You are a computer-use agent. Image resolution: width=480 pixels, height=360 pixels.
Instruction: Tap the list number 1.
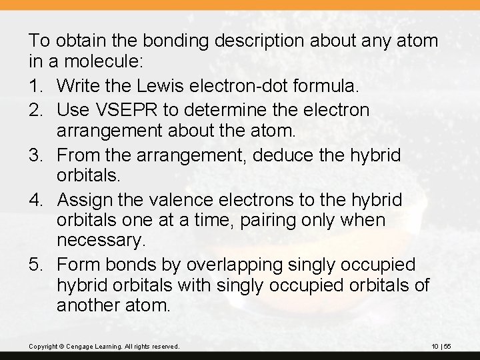coord(37,86)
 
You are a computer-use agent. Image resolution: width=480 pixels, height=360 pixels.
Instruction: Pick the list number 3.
coord(37,155)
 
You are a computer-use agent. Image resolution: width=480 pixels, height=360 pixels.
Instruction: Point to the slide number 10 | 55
coord(441,346)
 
